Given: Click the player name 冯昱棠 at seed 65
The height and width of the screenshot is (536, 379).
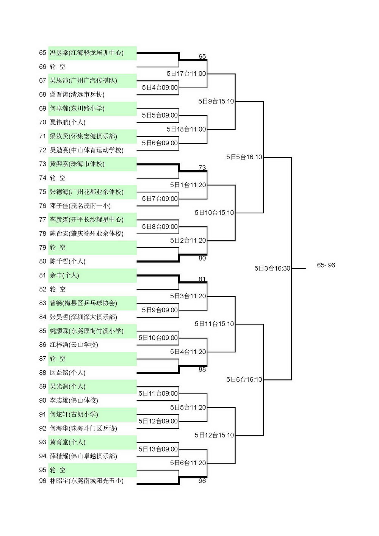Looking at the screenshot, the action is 59,53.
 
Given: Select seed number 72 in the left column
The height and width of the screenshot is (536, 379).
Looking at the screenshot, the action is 42,150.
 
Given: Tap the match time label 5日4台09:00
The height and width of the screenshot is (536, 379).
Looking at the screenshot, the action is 160,88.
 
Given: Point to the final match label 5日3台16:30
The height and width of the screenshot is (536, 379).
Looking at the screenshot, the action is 272,268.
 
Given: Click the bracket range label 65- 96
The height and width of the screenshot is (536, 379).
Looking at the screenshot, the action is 326,265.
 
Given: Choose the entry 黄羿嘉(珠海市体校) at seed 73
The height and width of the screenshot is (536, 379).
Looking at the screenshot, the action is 77,164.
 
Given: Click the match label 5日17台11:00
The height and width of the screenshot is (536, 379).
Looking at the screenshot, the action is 186,74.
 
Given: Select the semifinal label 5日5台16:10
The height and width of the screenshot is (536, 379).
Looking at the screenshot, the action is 244,157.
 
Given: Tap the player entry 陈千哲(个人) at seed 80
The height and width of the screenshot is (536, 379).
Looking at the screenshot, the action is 67,261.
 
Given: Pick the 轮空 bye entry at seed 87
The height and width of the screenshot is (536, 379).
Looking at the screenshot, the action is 58,359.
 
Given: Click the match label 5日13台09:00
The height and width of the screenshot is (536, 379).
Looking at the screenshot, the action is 158,449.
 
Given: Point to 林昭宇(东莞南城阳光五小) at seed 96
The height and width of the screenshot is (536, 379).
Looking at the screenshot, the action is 87,481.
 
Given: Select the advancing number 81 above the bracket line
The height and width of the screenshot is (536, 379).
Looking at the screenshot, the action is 202,279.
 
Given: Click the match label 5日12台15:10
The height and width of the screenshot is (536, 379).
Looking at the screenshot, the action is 214,435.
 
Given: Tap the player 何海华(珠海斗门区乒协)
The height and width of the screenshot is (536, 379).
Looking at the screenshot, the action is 83,428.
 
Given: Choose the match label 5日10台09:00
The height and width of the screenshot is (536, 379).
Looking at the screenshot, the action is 158,338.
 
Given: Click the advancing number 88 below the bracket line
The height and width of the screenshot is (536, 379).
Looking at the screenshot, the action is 202,370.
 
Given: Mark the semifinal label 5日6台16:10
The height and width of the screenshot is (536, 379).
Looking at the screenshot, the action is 244,379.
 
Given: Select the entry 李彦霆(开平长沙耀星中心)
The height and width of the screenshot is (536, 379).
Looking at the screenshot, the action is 87,219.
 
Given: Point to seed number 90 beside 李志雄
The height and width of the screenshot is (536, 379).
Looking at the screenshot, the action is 42,400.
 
